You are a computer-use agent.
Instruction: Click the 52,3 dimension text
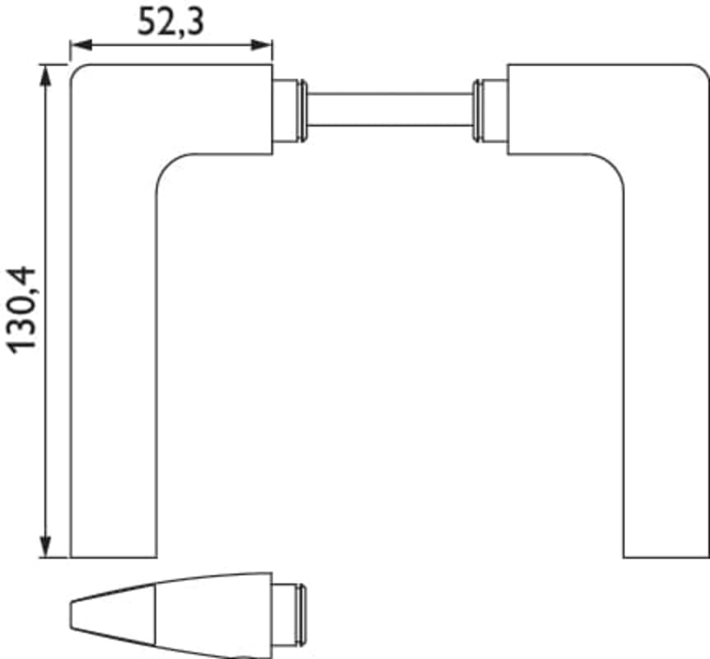[x=170, y=21]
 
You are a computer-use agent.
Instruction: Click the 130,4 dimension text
[x=21, y=311]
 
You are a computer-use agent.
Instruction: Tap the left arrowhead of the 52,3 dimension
[x=81, y=44]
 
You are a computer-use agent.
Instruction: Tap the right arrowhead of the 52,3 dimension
[x=262, y=44]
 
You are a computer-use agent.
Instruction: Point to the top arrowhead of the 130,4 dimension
[x=44, y=75]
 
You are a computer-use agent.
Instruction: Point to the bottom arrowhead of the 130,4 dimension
[x=44, y=547]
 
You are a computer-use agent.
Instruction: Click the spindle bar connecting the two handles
[x=390, y=110]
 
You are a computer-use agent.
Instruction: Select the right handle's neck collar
[x=490, y=110]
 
